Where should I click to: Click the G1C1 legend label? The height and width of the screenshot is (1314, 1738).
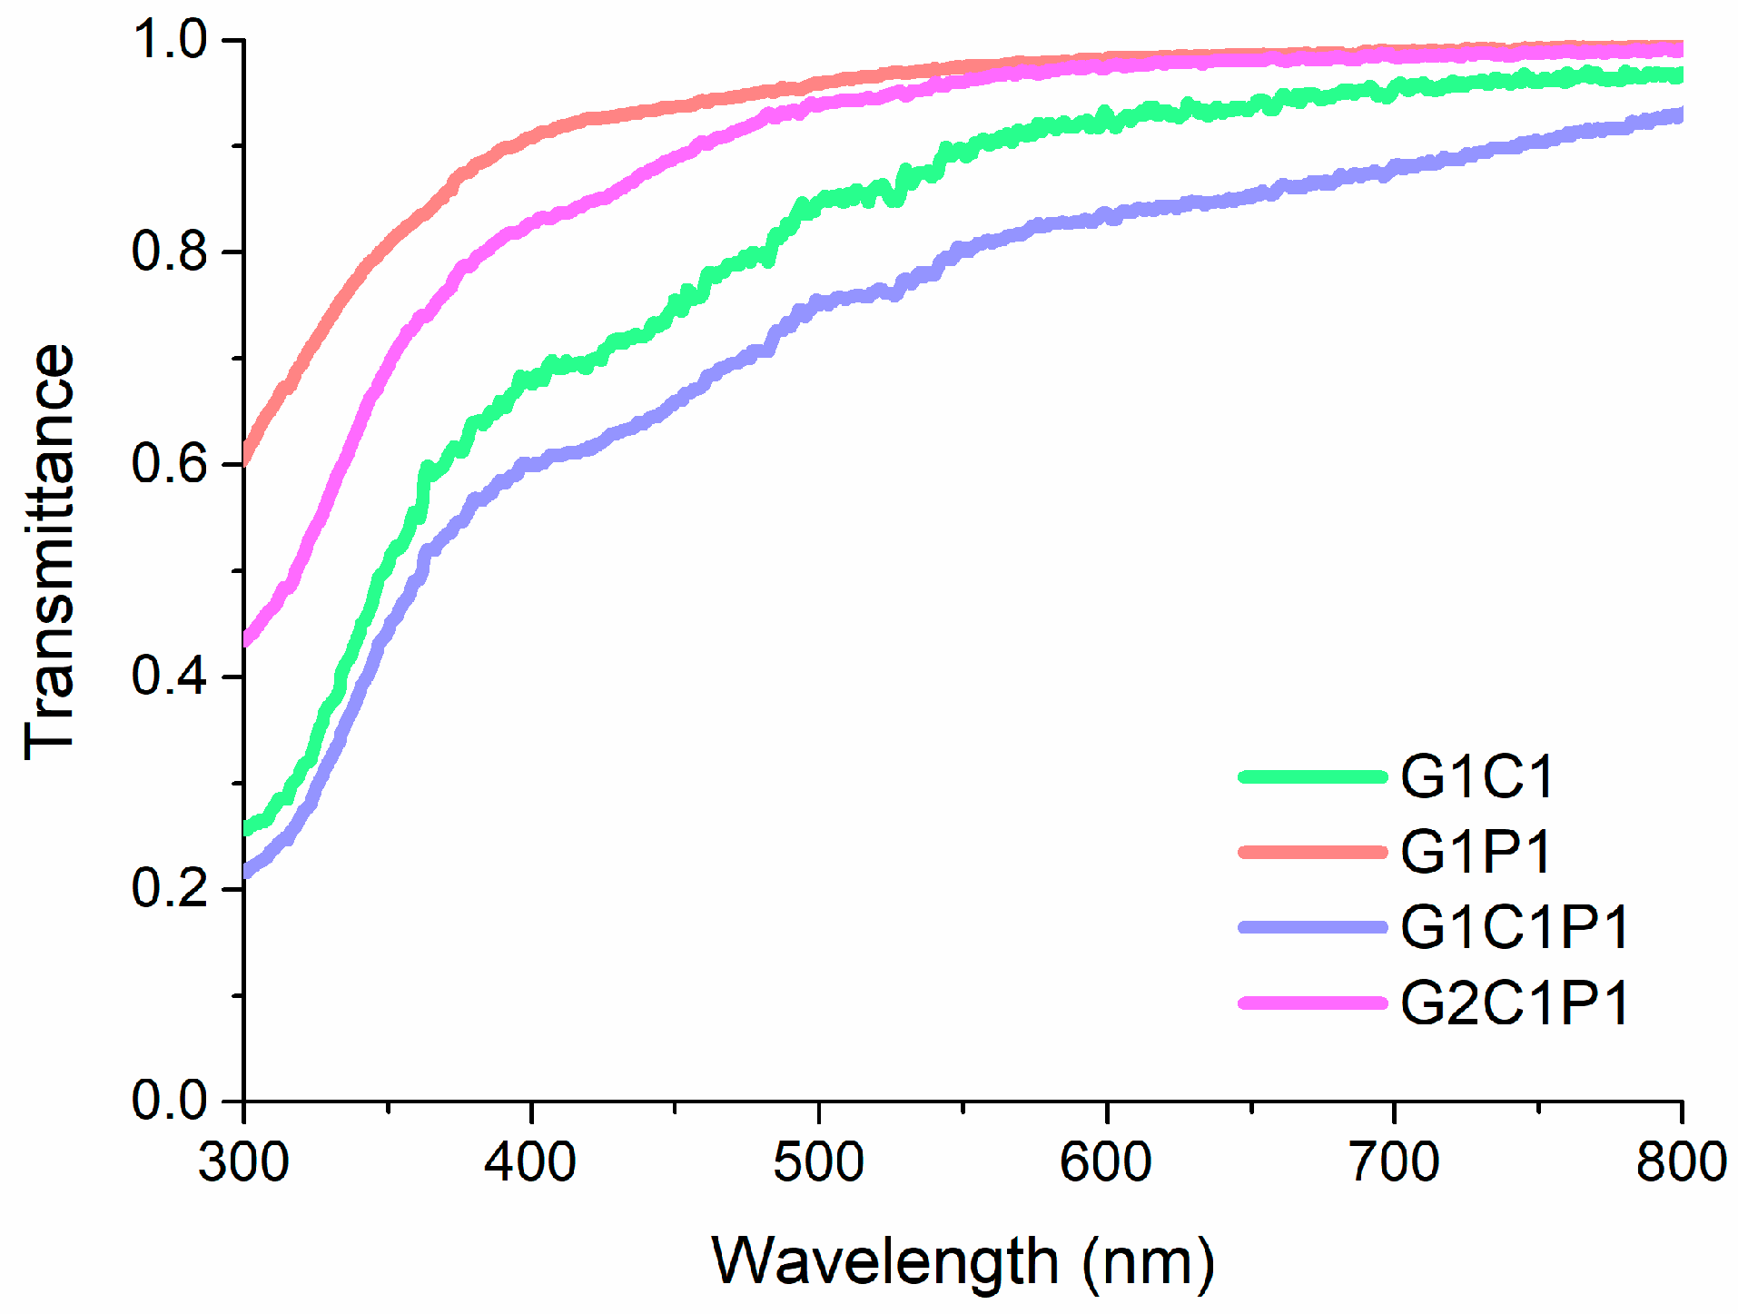1476,777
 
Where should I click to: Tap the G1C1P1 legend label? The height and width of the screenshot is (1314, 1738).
1515,927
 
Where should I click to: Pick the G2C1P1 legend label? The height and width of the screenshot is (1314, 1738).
1515,1003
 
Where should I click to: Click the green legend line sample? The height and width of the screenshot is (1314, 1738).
1313,777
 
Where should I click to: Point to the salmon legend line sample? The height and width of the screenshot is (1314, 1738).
1313,852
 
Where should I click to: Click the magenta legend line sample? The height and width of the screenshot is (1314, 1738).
1313,1003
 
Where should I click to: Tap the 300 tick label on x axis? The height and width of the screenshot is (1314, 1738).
243,1162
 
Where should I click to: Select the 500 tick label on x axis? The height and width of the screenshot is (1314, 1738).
818,1162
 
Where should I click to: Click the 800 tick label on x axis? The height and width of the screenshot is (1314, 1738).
1681,1162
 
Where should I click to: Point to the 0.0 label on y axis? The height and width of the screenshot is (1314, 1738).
171,1101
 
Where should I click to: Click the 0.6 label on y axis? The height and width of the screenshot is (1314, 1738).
171,463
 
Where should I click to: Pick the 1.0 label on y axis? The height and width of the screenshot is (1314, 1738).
171,40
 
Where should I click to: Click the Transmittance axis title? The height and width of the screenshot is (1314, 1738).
50,552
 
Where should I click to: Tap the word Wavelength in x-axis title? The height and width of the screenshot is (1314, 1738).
884,1261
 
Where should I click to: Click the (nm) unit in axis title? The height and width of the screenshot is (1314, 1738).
1148,1263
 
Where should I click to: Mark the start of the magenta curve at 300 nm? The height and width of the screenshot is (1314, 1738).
247,639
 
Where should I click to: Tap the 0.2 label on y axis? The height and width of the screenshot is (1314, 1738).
171,888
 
